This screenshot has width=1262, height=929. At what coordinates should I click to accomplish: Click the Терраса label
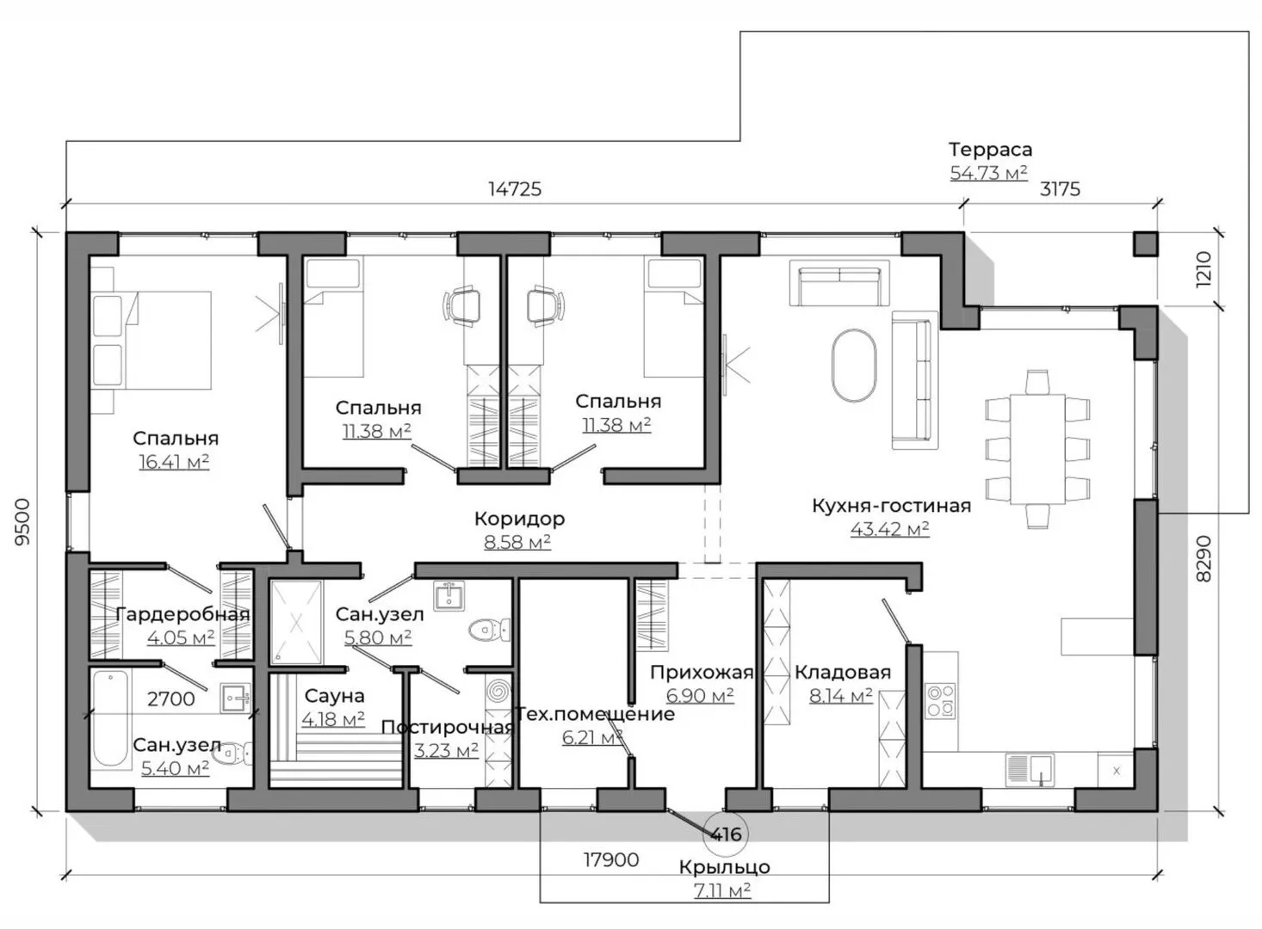click(x=991, y=150)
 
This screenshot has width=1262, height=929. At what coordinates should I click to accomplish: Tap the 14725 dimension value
click(x=515, y=189)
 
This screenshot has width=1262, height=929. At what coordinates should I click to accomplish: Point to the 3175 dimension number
click(x=1060, y=189)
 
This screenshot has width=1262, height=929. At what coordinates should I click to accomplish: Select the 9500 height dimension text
click(x=22, y=521)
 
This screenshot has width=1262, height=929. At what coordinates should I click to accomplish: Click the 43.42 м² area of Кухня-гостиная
click(x=889, y=529)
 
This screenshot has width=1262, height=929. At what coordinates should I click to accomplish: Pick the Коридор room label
click(x=519, y=518)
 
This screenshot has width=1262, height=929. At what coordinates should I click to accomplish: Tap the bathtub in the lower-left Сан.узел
click(x=110, y=718)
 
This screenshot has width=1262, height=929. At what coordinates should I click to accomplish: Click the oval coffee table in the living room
click(x=854, y=366)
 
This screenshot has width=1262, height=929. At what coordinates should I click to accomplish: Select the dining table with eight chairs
click(x=1037, y=449)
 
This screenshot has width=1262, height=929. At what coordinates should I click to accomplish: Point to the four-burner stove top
click(x=940, y=700)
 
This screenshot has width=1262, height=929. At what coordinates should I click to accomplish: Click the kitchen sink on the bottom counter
click(x=1030, y=770)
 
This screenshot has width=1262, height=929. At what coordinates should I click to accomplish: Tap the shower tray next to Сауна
click(x=296, y=622)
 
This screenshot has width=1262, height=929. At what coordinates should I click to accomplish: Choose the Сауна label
click(x=334, y=696)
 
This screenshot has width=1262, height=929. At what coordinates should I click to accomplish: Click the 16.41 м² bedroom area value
click(x=174, y=462)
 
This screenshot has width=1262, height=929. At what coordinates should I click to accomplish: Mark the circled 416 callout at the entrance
click(x=726, y=834)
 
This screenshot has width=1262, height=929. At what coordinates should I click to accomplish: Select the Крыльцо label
click(x=724, y=867)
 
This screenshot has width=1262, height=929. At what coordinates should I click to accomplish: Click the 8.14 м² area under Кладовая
click(x=840, y=696)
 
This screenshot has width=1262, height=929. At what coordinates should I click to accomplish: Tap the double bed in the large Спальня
click(x=151, y=340)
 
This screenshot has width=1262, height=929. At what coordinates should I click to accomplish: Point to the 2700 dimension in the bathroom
click(x=170, y=699)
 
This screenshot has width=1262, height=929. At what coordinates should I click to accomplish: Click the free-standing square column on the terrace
click(x=1146, y=243)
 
